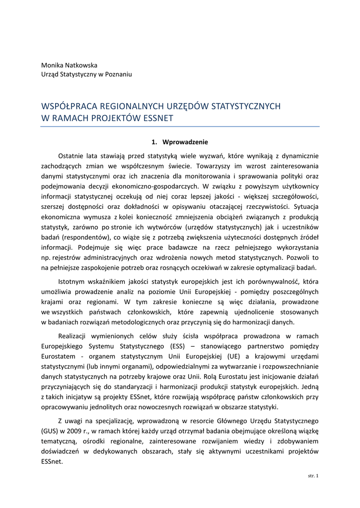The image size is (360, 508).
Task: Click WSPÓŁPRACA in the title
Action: click(71, 106)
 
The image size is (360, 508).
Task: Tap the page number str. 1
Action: click(313, 476)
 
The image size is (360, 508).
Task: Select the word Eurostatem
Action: click(57, 356)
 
